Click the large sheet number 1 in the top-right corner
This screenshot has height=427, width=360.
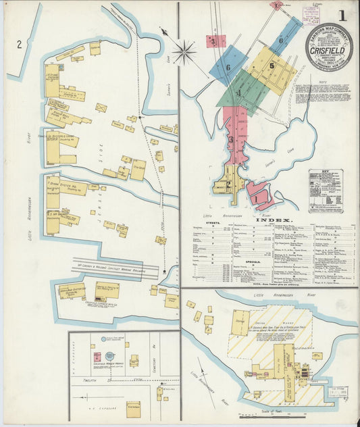tap(343, 15)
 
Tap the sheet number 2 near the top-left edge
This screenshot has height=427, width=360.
tap(20, 45)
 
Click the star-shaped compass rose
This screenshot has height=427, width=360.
tap(184, 51)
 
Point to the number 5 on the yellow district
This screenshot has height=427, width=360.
tap(272, 66)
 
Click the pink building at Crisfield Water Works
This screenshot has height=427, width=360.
tap(97, 356)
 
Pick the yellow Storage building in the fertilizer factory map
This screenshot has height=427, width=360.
tap(240, 322)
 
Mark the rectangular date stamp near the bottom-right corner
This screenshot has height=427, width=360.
tap(336, 394)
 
